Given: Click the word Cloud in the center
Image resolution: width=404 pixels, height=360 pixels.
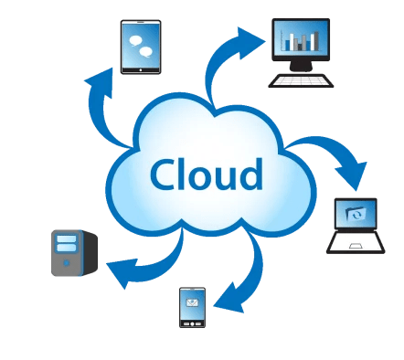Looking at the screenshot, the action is tap(207, 175).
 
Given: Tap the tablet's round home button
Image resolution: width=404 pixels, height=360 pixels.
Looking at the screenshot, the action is tap(141, 70).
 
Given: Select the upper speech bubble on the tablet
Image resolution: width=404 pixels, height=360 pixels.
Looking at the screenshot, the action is tap(135, 41).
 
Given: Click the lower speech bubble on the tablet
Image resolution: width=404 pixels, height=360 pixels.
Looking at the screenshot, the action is tap(146, 52).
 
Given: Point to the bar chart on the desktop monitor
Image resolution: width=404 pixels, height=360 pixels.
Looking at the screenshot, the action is tap(301, 41).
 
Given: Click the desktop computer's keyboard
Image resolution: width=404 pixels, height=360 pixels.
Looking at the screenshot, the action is tap(301, 80).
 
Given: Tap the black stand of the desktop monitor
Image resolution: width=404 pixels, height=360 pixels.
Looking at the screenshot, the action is tap(301, 66).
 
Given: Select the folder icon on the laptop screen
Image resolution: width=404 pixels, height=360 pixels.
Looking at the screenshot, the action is tap(356, 214).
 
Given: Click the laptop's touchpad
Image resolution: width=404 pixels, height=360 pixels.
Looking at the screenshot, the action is tap(356, 246).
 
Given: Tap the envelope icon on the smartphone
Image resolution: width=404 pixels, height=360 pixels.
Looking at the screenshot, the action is tap(192, 302).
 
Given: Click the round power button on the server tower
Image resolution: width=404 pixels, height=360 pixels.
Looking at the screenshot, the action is tap(66, 262).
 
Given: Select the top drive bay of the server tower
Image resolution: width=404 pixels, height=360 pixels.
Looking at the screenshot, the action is tap(66, 238).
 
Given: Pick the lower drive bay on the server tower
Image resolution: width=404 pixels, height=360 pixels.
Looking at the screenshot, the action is tap(66, 247).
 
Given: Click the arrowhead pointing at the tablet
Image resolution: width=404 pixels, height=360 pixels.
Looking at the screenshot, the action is tap(101, 82).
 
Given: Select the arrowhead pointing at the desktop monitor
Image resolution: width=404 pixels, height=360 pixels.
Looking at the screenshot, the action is tap(250, 43).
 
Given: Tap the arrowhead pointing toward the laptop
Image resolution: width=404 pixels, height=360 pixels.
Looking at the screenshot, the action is tap(353, 175).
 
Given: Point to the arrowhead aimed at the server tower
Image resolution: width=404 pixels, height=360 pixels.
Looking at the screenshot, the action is tap(122, 272).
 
